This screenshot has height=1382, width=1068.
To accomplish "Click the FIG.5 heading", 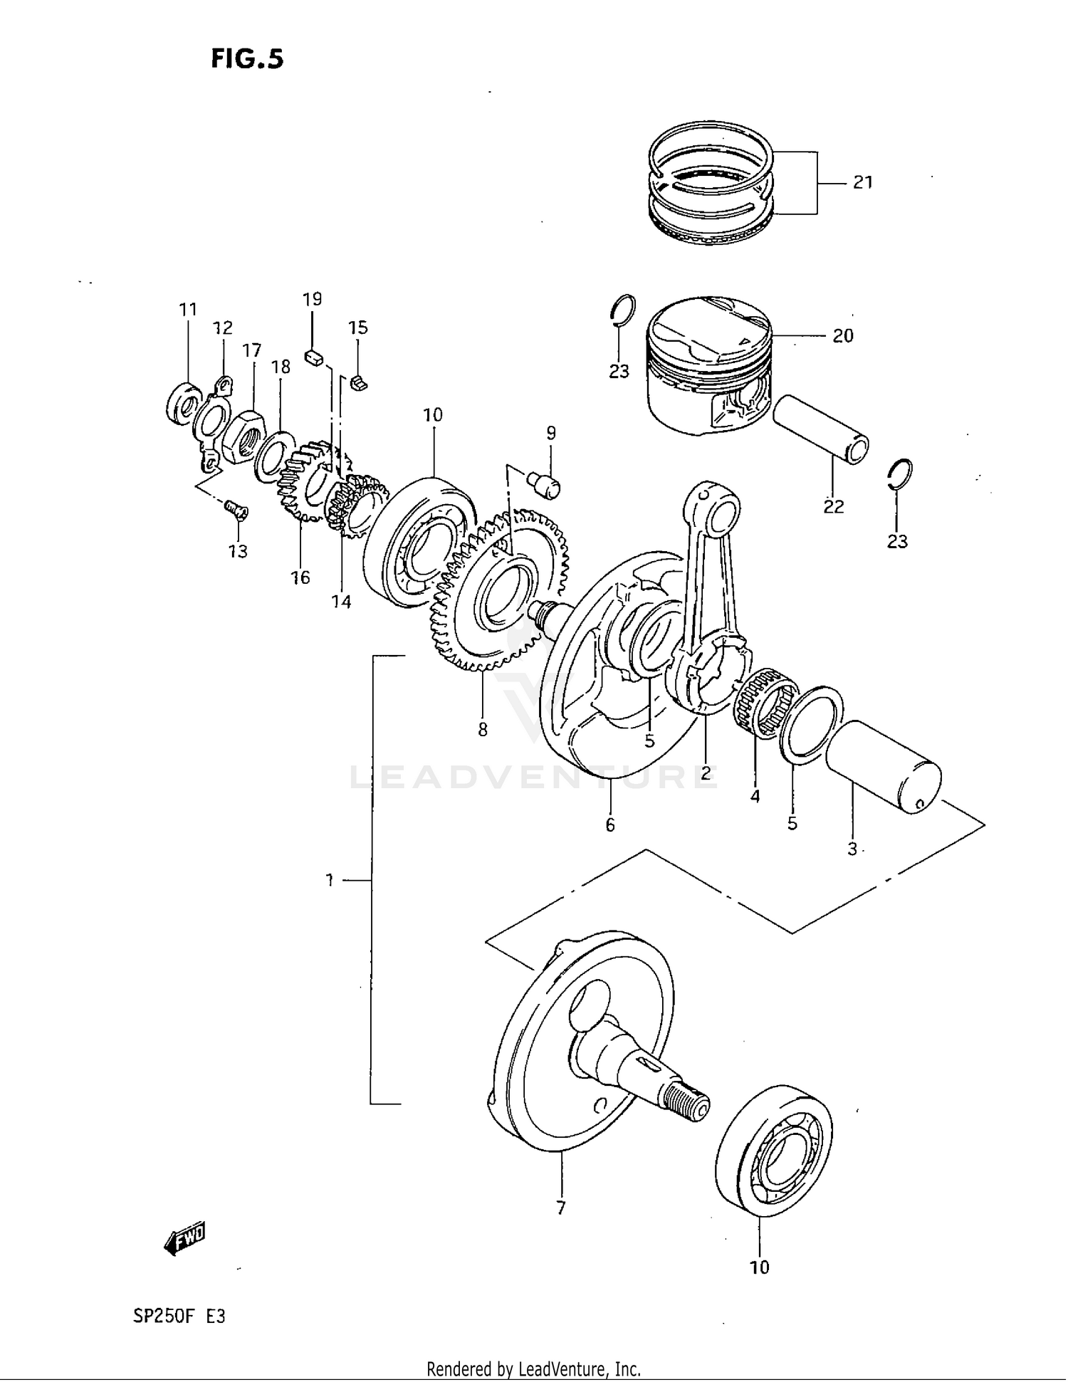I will click(246, 58).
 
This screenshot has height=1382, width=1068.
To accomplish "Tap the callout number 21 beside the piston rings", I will click(862, 182).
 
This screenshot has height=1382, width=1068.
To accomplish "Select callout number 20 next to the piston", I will click(842, 335).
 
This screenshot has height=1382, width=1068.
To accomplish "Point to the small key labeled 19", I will click(313, 357).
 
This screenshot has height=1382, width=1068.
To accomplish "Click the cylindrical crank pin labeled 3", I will click(883, 768).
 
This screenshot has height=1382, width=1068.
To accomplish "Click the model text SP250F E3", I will click(179, 1316).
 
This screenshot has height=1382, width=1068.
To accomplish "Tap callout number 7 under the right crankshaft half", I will click(560, 1208).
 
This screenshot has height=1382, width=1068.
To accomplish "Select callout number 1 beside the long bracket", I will click(330, 881).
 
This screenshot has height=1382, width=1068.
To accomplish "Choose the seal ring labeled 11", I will click(184, 405).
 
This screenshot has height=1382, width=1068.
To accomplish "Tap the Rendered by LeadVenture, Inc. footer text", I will click(533, 1368).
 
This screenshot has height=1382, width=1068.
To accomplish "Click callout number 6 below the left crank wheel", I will click(609, 825).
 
